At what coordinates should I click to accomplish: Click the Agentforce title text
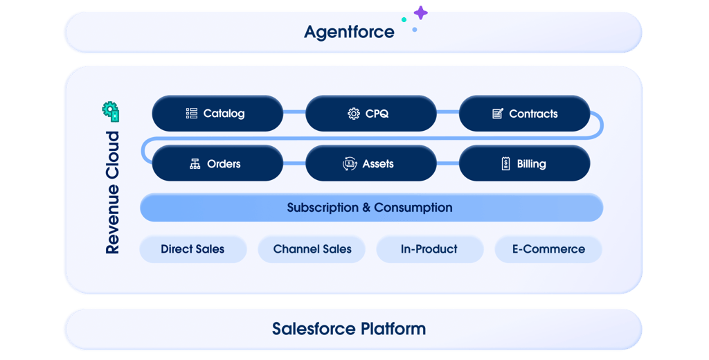click(x=349, y=32)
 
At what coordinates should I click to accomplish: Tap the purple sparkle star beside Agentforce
click(x=420, y=12)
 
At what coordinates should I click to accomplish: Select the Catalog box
click(x=217, y=114)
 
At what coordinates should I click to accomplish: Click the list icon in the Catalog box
click(x=192, y=114)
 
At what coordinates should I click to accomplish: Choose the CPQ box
click(x=370, y=114)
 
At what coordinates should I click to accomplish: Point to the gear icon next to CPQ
click(x=354, y=114)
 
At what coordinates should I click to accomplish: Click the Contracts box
click(x=524, y=114)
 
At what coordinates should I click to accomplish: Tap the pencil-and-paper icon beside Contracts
click(x=498, y=114)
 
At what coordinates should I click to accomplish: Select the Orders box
click(x=217, y=164)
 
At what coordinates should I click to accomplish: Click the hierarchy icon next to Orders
click(x=195, y=164)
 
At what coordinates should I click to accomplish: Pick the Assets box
click(x=370, y=164)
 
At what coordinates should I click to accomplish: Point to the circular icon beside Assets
click(x=350, y=164)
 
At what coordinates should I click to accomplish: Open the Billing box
click(x=524, y=164)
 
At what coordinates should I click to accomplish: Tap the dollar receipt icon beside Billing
click(x=505, y=164)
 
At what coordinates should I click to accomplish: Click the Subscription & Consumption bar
click(x=371, y=208)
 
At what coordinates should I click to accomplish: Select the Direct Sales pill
click(x=192, y=249)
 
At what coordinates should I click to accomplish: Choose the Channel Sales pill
click(x=312, y=249)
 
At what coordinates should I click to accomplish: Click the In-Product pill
click(x=429, y=249)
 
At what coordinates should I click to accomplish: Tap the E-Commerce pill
click(x=548, y=249)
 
